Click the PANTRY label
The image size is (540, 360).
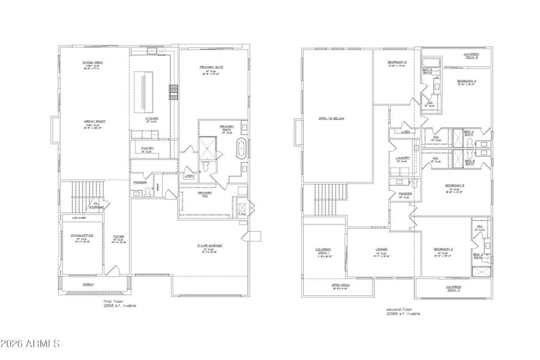pos(148,148)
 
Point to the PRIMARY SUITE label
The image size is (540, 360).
pos(211,67)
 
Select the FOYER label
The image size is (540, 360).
pos(118,236)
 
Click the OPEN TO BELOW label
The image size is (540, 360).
pos(331,118)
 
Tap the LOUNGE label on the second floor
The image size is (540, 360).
pos(382,249)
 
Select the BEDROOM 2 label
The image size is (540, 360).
pos(443,249)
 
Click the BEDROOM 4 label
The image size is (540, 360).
pos(466,81)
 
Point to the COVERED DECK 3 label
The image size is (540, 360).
pos(471,56)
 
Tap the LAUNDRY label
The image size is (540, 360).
pos(403,158)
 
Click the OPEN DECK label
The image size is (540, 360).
pos(341,286)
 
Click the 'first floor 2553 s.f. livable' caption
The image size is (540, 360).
pos(119,304)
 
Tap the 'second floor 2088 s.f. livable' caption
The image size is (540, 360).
pos(403,311)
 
